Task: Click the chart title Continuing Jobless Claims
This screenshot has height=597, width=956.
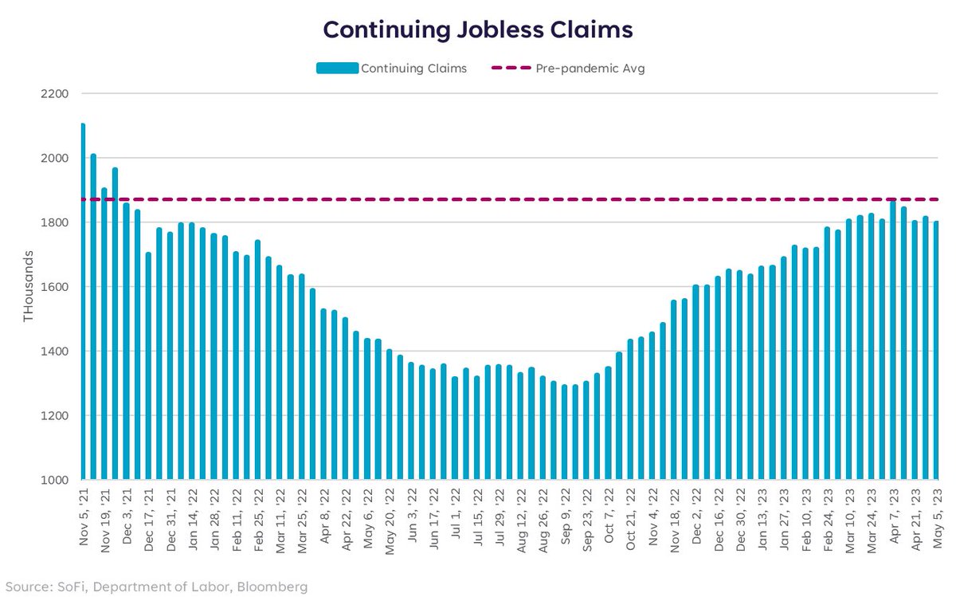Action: coord(477,29)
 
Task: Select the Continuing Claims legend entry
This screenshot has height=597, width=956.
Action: coord(391,69)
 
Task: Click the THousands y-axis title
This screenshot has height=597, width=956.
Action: coord(29,287)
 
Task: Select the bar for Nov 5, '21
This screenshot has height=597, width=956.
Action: coord(83,303)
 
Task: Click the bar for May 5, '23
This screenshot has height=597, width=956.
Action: coord(936,351)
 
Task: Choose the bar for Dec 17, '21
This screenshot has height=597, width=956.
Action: coord(148,367)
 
